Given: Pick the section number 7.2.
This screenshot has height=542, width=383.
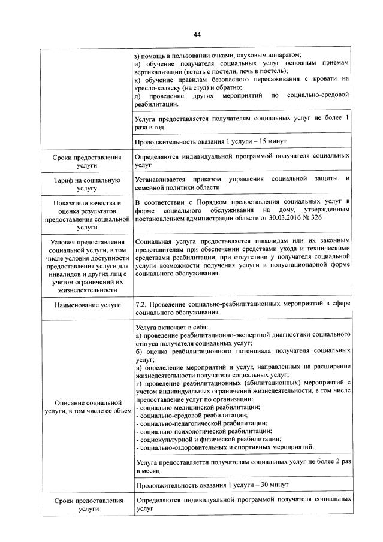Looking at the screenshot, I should coord(143,304).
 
